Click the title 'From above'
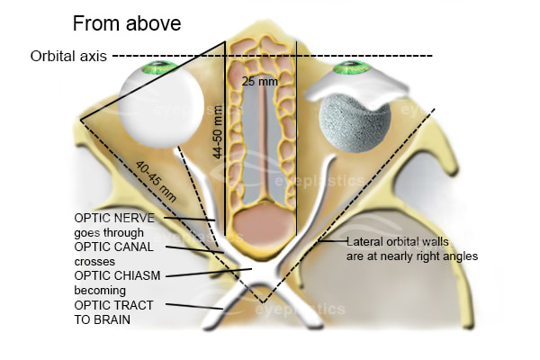pyautogui.click(x=126, y=23)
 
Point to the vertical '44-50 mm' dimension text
pyautogui.click(x=217, y=132)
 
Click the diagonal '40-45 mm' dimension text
pyautogui.click(x=155, y=181)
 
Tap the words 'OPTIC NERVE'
pyautogui.click(x=114, y=218)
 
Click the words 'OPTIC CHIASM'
pyautogui.click(x=116, y=275)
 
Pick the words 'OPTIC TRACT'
pyautogui.click(x=113, y=304)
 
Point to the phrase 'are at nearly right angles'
pyautogui.click(x=412, y=256)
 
